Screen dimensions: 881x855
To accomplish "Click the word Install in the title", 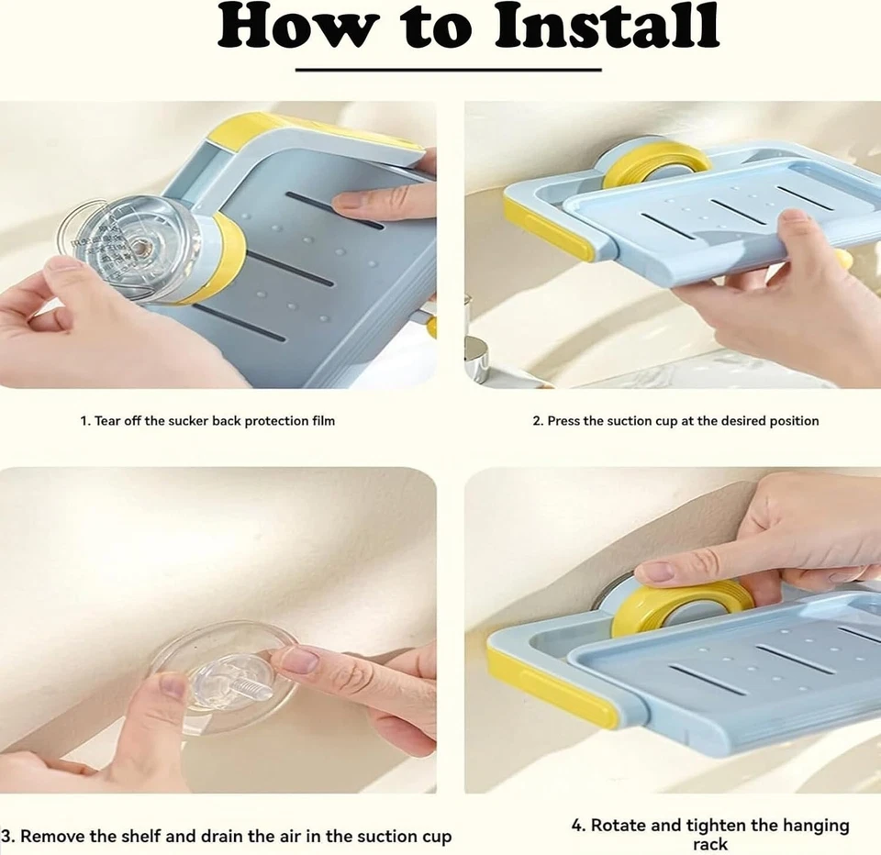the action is point(607,27).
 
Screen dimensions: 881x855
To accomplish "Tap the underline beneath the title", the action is point(449,71).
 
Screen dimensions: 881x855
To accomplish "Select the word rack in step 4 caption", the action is point(710,844).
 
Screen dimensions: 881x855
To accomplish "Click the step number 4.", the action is point(578,826).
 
